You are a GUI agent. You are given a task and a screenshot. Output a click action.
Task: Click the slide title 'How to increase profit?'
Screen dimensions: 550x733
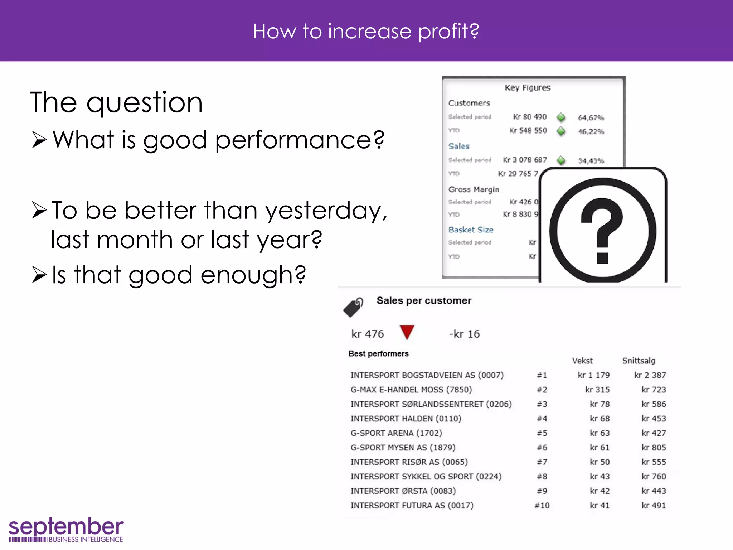pyautogui.click(x=366, y=31)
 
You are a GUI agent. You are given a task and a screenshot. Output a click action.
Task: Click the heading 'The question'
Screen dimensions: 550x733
pyautogui.click(x=117, y=103)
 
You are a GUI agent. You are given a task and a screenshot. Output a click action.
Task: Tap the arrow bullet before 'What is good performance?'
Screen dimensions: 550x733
pyautogui.click(x=39, y=140)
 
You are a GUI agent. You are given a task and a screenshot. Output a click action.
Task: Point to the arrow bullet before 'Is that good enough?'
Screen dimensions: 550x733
pyautogui.click(x=39, y=275)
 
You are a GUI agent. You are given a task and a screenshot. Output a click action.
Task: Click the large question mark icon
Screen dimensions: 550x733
pyautogui.click(x=603, y=230)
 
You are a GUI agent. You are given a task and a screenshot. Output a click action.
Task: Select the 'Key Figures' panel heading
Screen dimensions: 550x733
pyautogui.click(x=527, y=88)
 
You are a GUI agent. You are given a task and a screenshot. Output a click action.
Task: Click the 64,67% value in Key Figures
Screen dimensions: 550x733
pyautogui.click(x=591, y=118)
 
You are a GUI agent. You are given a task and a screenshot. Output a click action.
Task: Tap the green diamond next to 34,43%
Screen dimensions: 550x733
pyautogui.click(x=561, y=160)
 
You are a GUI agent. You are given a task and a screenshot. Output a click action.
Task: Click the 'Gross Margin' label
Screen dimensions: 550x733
pyautogui.click(x=474, y=189)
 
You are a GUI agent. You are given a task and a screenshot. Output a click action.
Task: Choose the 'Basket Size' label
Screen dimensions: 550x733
pyautogui.click(x=471, y=230)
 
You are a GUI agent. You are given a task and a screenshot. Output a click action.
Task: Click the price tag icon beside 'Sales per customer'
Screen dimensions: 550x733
pyautogui.click(x=353, y=307)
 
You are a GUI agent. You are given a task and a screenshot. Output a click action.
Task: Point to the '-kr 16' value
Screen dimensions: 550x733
pyautogui.click(x=464, y=334)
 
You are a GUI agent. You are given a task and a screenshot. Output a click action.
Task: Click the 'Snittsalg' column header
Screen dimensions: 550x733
pyautogui.click(x=639, y=361)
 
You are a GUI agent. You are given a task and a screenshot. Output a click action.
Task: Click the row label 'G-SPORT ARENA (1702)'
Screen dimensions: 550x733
pyautogui.click(x=396, y=433)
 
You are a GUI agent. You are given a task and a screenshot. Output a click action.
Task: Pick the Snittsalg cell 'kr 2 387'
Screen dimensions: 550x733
pyautogui.click(x=650, y=375)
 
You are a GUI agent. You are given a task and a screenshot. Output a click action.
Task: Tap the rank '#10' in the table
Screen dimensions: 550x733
pyautogui.click(x=542, y=506)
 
